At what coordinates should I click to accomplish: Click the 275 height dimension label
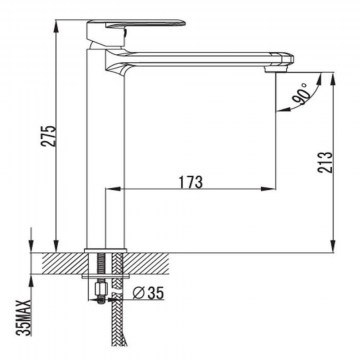coord(49,136)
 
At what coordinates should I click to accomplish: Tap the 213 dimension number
coord(325,162)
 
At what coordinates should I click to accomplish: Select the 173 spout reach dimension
coord(191,182)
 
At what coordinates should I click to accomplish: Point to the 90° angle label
coord(301,95)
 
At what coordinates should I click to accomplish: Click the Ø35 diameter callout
coord(148,293)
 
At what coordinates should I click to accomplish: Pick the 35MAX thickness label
coord(25,317)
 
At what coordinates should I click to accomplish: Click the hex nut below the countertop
coord(100,287)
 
